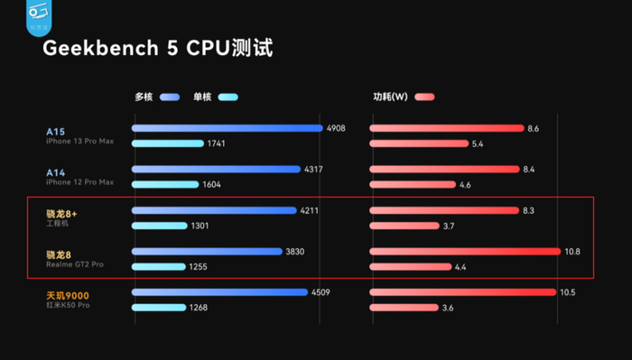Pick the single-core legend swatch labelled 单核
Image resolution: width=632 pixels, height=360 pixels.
[227, 97]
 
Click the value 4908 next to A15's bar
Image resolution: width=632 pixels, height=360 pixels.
[337, 128]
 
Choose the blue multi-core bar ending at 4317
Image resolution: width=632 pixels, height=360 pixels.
[216, 169]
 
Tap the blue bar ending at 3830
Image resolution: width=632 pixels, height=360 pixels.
[207, 252]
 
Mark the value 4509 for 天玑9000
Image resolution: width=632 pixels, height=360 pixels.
[322, 292]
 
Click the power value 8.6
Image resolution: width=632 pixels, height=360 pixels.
[534, 128]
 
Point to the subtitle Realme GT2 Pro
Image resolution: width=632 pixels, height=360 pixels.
[76, 266]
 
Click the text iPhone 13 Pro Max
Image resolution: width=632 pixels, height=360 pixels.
[80, 142]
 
